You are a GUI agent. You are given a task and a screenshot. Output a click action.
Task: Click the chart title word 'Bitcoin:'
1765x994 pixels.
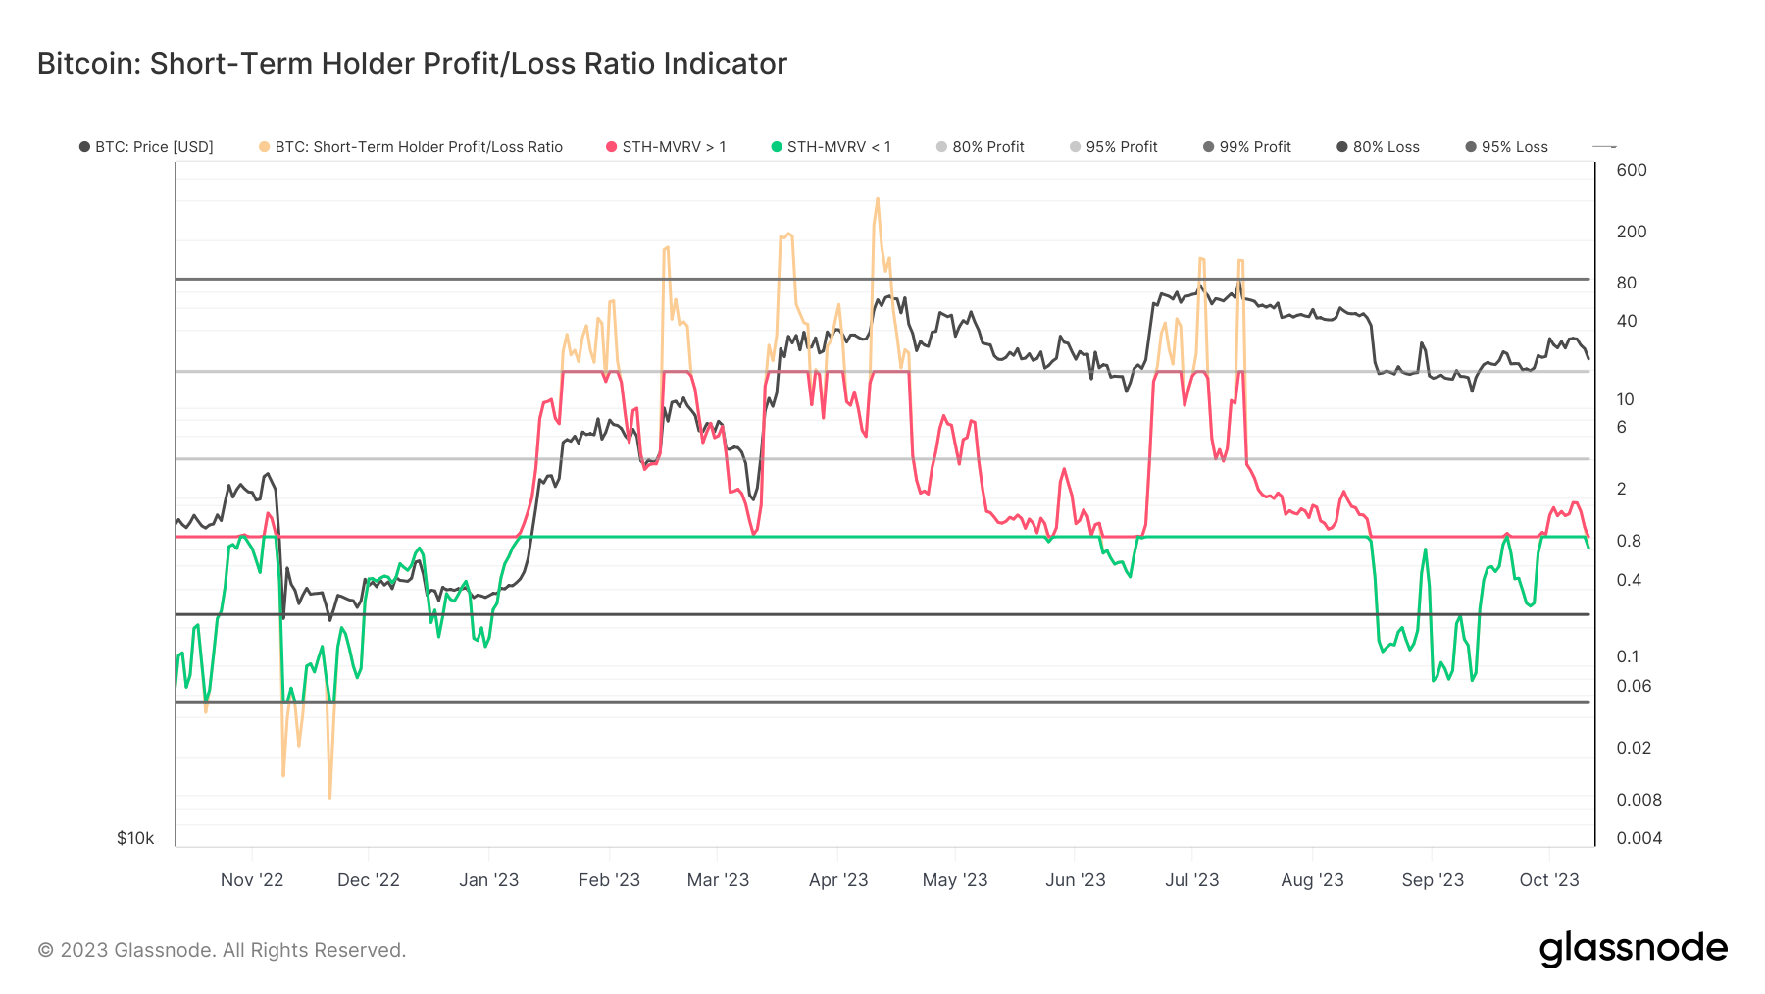(88, 64)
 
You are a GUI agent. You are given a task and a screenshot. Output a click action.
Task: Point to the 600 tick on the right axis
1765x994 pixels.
(1632, 170)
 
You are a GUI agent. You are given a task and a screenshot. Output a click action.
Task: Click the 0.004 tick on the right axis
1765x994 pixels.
(1639, 838)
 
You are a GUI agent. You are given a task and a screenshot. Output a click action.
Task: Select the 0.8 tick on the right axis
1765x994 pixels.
(1629, 541)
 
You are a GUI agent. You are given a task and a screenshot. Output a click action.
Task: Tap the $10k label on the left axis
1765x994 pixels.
(135, 838)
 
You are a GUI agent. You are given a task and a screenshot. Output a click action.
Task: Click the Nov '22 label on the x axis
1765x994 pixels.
(252, 880)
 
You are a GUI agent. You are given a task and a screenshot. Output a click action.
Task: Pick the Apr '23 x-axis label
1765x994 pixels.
(838, 880)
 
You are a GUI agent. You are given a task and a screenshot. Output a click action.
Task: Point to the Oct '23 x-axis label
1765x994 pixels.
(1549, 880)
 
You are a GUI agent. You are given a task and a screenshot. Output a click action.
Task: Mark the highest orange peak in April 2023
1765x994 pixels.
(877, 199)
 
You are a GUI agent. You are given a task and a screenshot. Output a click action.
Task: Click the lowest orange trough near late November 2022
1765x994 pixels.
(329, 797)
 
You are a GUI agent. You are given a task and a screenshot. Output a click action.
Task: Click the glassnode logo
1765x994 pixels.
(1633, 949)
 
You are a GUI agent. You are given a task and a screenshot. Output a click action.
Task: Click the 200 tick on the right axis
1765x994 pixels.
(1632, 232)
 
